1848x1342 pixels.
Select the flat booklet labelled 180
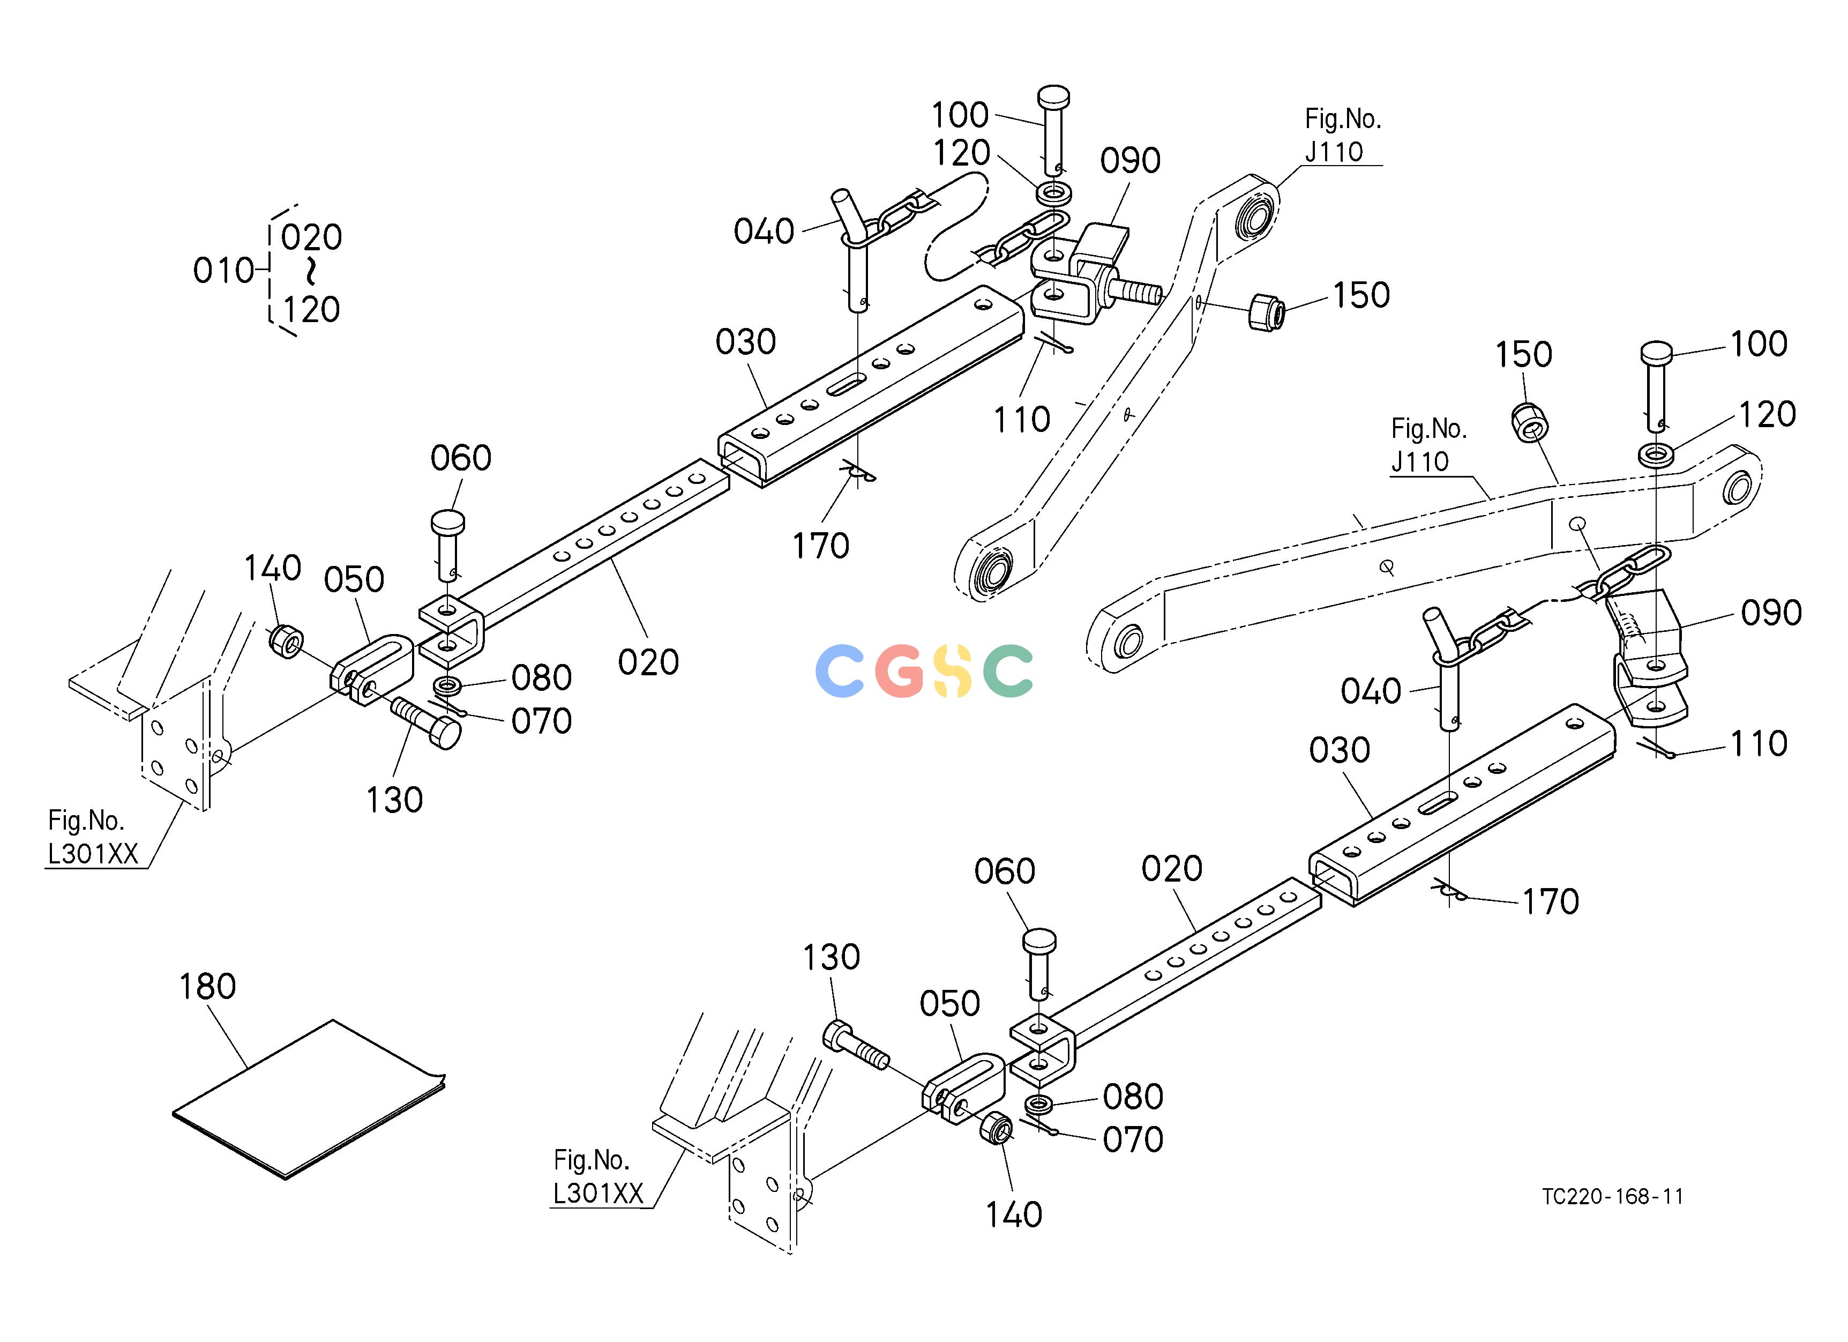tap(310, 1099)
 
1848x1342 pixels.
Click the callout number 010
tap(222, 271)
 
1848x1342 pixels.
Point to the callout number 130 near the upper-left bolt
tap(394, 800)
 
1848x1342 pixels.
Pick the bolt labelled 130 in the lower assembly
tap(855, 1046)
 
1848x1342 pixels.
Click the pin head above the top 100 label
tap(1053, 98)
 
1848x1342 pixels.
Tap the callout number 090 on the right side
tap(1771, 613)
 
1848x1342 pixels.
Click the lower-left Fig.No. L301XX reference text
tap(93, 837)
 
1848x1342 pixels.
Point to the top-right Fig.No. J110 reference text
tap(1343, 135)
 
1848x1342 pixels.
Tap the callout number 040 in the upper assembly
tap(764, 232)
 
